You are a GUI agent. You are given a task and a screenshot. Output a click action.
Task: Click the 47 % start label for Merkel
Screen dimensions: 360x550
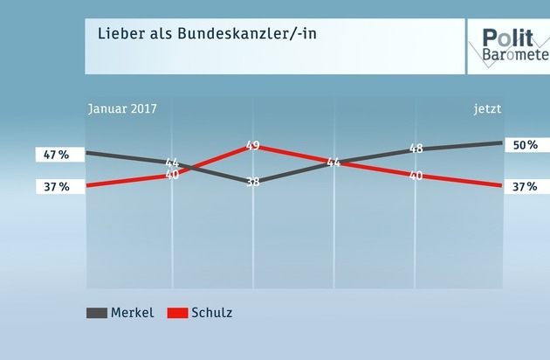56,155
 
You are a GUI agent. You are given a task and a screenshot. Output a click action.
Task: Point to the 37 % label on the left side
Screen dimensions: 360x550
56,185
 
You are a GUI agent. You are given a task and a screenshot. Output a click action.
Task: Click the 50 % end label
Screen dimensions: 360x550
526,145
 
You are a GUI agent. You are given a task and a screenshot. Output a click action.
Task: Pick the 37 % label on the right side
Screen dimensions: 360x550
526,185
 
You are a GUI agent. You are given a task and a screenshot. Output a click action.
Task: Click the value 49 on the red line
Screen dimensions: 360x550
253,146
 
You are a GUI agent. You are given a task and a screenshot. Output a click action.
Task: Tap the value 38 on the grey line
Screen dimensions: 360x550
253,182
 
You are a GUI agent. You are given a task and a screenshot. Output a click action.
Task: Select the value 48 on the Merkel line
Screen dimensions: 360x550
416,149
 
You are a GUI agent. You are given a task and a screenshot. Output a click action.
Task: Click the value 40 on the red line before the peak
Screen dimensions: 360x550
172,175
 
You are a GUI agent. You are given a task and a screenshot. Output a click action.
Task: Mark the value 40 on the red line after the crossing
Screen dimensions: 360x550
416,176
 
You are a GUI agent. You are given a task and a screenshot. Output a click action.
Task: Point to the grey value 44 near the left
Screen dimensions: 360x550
172,163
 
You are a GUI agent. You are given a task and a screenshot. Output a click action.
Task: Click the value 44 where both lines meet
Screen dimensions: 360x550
333,163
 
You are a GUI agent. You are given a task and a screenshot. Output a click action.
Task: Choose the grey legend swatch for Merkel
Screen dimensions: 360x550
96,313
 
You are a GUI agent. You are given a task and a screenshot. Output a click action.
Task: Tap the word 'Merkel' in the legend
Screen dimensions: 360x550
133,313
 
